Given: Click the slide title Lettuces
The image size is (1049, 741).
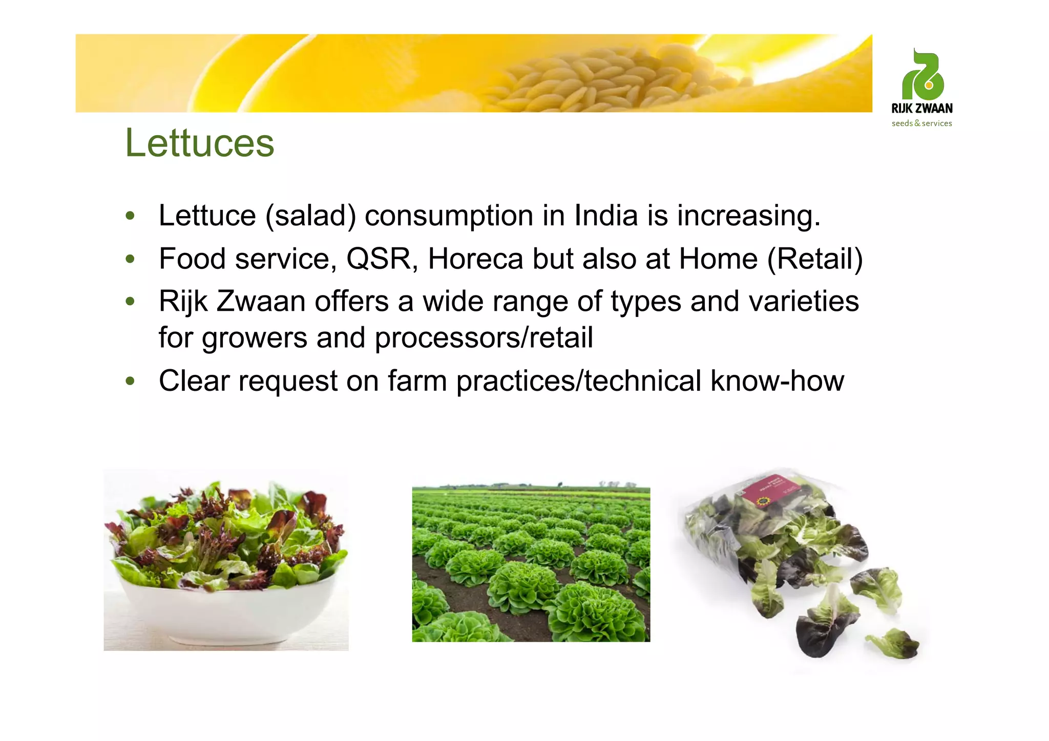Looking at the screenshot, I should click(x=200, y=143).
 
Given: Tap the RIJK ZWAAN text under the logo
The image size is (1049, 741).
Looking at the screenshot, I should click(x=922, y=109).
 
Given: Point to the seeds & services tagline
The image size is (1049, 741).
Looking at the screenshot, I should click(x=922, y=123).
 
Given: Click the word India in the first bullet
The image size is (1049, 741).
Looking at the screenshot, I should click(x=606, y=216).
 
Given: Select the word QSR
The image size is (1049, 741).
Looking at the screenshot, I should click(x=379, y=259).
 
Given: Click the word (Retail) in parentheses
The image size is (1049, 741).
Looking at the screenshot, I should click(x=814, y=259).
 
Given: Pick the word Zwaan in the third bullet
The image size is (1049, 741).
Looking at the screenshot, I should click(x=261, y=301).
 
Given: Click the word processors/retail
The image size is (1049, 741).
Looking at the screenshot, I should click(x=484, y=338).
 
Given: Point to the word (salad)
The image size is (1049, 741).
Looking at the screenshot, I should click(x=310, y=216).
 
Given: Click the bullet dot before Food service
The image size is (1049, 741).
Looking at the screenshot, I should click(x=130, y=259).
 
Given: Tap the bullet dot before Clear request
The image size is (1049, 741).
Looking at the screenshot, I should click(x=130, y=381).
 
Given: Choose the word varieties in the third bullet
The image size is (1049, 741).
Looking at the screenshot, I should click(x=804, y=301).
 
